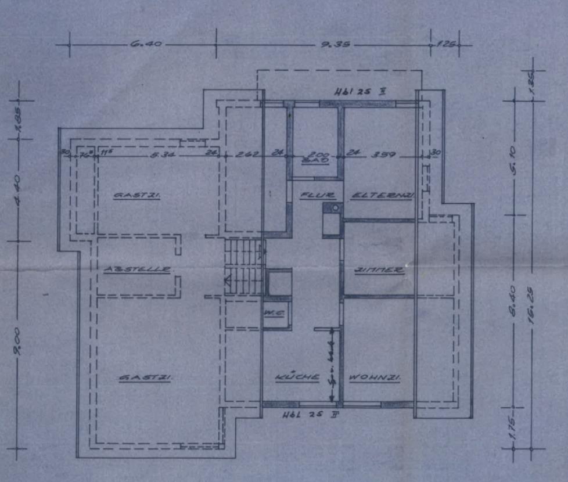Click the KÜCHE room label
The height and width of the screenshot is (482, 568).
click(297, 377)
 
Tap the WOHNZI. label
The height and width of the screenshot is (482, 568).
click(375, 378)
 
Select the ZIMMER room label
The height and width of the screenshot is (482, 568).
click(379, 271)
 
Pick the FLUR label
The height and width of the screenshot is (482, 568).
click(311, 196)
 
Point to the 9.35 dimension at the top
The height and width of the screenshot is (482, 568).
click(335, 44)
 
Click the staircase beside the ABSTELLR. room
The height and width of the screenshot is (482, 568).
click(243, 267)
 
